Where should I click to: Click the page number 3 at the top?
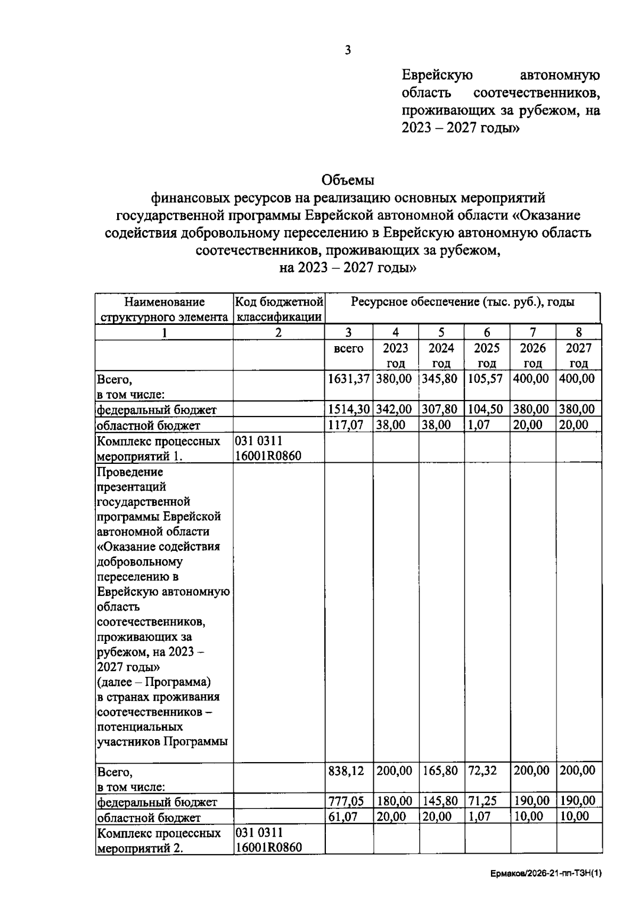(348, 51)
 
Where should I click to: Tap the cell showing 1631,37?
(349, 379)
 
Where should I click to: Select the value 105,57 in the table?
(487, 379)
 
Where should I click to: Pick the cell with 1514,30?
(349, 410)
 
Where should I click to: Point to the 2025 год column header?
(487, 355)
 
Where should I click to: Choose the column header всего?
(348, 349)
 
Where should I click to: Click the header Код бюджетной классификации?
(279, 309)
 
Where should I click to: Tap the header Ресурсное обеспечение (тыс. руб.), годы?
(462, 302)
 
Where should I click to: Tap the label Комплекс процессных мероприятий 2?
(158, 840)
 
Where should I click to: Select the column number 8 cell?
(579, 333)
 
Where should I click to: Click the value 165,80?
(441, 771)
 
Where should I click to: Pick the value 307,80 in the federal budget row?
(441, 410)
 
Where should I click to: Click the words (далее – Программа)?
(154, 682)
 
